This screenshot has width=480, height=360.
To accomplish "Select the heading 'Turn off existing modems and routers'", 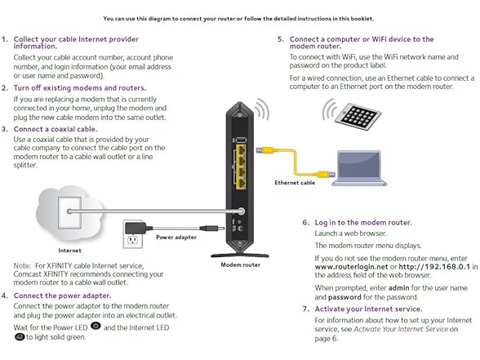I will (x=80, y=87).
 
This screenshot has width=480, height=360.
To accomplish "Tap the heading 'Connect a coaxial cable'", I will (x=56, y=128).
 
